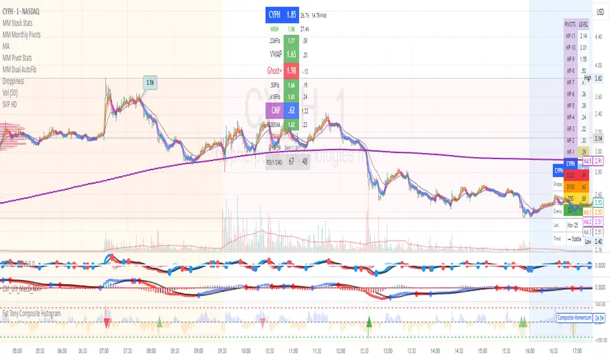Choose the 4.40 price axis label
click(x=598, y=37)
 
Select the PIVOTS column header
click(x=571, y=24)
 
